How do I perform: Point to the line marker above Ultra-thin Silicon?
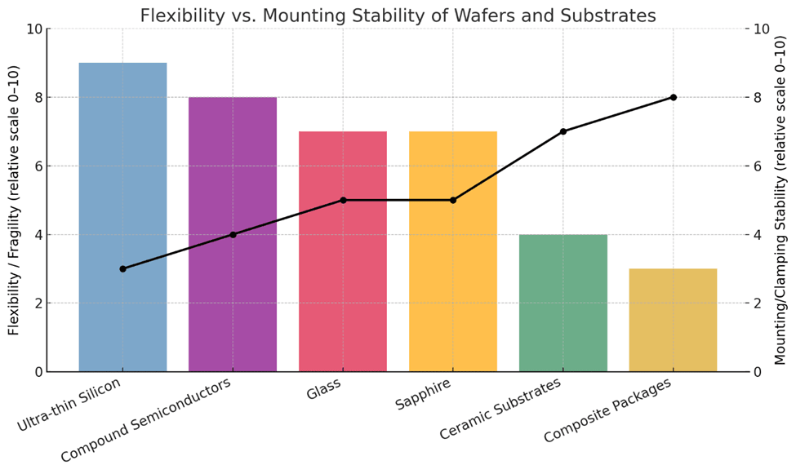122,268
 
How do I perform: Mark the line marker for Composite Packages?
673,97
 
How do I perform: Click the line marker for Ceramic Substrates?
563,131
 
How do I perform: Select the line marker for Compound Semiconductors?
233,234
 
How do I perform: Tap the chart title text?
398,16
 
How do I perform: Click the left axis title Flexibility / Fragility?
14,200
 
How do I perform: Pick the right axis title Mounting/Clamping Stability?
780,200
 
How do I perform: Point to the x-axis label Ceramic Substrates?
500,410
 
